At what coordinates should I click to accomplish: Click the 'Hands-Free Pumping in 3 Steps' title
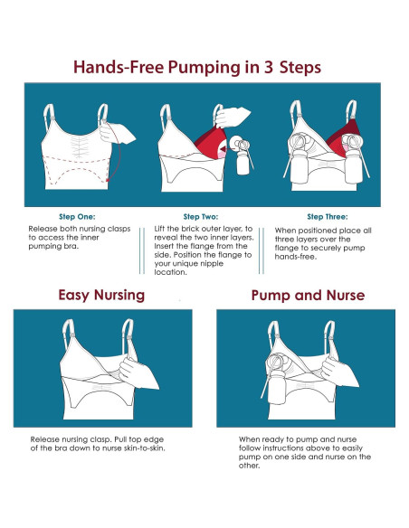(197, 67)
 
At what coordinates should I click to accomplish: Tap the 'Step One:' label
(77, 216)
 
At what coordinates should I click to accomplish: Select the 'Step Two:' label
(201, 216)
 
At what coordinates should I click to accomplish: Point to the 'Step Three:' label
(328, 216)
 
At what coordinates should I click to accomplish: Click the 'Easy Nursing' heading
(101, 296)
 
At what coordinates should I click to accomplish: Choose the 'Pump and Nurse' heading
(308, 296)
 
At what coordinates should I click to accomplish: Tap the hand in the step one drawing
(118, 133)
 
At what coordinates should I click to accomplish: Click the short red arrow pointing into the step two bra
(224, 148)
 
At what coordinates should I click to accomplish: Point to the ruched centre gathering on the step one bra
(79, 146)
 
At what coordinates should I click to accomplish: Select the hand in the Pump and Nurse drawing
(339, 372)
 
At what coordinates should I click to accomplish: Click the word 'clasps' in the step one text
(119, 229)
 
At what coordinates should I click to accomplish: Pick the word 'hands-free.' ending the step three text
(296, 257)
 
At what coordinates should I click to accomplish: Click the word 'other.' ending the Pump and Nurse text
(250, 466)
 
